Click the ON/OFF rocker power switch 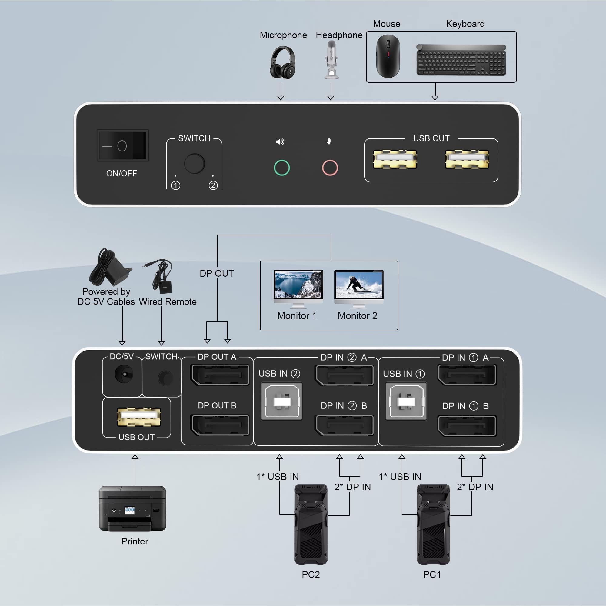coord(122,145)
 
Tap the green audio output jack coord(282,168)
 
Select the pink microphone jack coord(330,168)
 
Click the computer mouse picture coord(388,56)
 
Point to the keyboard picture coord(461,60)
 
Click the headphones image coord(282,62)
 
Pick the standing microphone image coord(331,60)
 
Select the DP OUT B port coord(220,425)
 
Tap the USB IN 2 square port coord(282,401)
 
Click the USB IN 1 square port coord(406,401)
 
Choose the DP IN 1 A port coord(467,375)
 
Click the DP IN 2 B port coord(345,425)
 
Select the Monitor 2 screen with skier coord(359,285)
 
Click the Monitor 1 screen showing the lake coord(298,285)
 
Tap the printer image coord(132,508)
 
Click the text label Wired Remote coord(168,302)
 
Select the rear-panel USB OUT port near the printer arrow coord(139,418)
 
